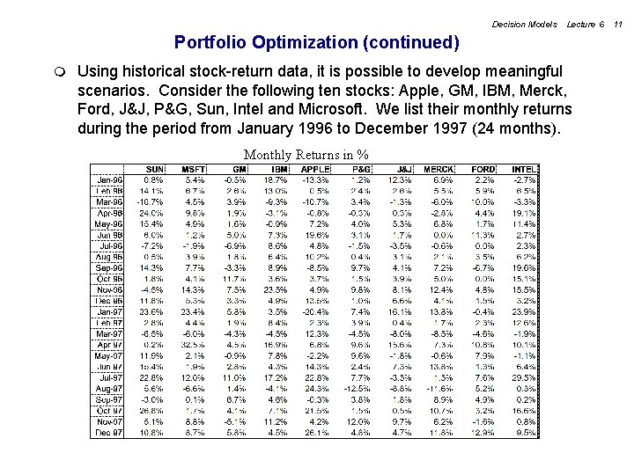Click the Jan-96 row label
pos(109,179)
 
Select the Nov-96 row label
pos(109,288)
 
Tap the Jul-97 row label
pos(110,376)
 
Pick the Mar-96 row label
pos(109,201)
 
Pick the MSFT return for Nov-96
pos(193,288)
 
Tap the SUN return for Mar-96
pos(151,201)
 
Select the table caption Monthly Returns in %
pos(306,155)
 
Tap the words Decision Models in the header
pos(525,24)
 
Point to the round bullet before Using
pos(58,70)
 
